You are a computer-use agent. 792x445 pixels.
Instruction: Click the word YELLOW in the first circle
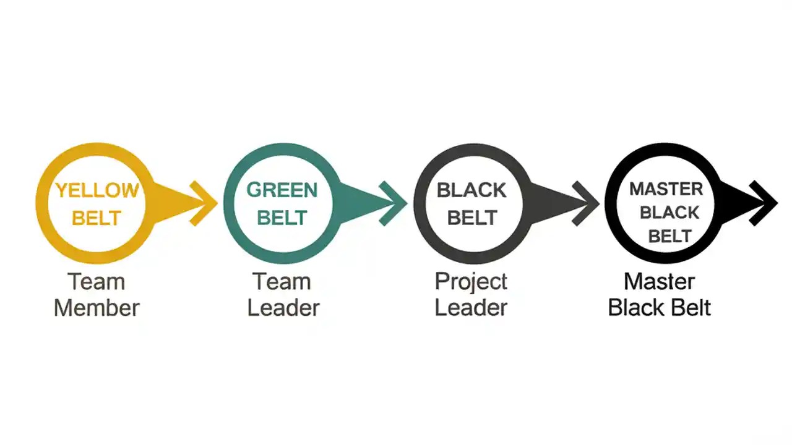[97, 190]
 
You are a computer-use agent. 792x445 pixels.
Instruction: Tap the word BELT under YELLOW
[97, 218]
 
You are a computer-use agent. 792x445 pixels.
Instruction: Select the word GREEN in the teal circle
[282, 190]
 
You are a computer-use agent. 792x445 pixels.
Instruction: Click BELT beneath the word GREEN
[282, 218]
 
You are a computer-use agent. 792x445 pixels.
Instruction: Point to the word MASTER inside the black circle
[666, 189]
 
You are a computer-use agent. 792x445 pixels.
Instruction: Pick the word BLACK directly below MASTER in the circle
[669, 213]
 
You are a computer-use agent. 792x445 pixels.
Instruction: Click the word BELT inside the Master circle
[669, 236]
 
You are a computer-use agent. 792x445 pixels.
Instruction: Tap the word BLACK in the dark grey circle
[471, 190]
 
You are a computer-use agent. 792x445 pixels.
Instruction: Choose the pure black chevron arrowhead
[764, 203]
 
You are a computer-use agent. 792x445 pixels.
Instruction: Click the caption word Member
[97, 307]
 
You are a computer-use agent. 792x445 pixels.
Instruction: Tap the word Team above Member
[97, 282]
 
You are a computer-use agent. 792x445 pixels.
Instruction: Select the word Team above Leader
[282, 282]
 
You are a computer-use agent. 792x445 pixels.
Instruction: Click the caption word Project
[471, 282]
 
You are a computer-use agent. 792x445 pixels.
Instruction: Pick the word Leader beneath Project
[471, 307]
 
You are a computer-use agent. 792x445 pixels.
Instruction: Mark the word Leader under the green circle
[283, 307]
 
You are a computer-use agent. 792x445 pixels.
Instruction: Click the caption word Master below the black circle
[659, 282]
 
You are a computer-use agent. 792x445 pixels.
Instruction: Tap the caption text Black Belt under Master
[659, 307]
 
